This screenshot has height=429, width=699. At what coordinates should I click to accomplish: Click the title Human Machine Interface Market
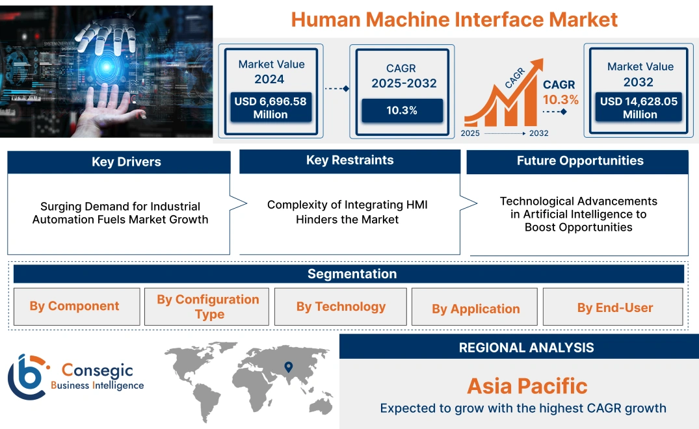pyautogui.click(x=454, y=19)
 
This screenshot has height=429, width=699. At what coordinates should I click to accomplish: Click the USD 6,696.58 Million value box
pyautogui.click(x=270, y=107)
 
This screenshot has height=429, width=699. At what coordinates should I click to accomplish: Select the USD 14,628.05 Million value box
pyautogui.click(x=640, y=107)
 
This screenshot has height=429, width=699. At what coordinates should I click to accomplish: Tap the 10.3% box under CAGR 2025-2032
pyautogui.click(x=402, y=110)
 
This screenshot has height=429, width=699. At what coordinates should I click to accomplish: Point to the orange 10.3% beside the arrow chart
pyautogui.click(x=561, y=99)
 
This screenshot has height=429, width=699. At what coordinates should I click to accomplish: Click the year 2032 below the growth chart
pyautogui.click(x=538, y=133)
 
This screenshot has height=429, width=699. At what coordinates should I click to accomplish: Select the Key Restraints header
pyautogui.click(x=350, y=161)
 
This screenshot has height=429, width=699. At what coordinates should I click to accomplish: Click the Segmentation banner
pyautogui.click(x=352, y=274)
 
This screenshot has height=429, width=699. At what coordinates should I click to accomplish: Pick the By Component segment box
pyautogui.click(x=75, y=306)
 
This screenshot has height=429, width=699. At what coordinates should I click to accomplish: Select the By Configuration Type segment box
pyautogui.click(x=207, y=306)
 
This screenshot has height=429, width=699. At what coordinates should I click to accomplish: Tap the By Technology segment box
pyautogui.click(x=341, y=306)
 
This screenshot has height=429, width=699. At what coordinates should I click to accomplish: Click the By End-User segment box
pyautogui.click(x=614, y=307)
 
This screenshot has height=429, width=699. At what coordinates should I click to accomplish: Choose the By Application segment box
pyautogui.click(x=475, y=309)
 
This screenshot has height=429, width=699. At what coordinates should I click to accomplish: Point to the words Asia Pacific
pyautogui.click(x=527, y=386)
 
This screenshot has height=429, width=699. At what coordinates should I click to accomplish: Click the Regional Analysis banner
pyautogui.click(x=526, y=348)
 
